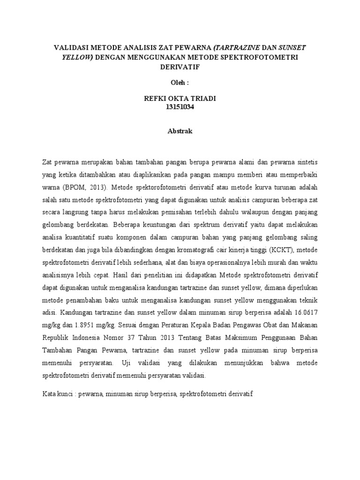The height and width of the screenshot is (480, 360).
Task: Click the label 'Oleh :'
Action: [180, 83]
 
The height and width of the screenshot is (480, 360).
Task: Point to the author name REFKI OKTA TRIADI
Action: [180, 98]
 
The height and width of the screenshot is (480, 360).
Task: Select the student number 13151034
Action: [180, 107]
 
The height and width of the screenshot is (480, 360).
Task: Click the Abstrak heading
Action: [180, 131]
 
